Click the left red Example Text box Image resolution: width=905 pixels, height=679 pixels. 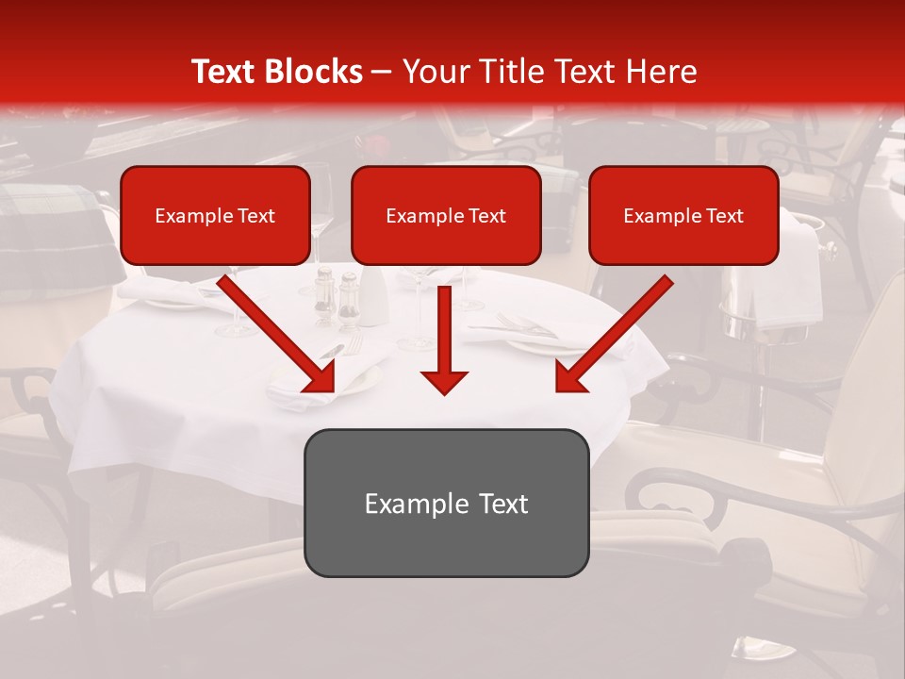click(x=215, y=216)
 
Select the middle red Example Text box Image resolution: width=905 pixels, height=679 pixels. click(x=446, y=216)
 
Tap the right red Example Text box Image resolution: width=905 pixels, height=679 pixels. click(x=683, y=216)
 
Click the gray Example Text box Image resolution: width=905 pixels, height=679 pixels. click(x=446, y=503)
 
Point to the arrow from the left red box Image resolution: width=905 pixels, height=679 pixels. click(x=273, y=330)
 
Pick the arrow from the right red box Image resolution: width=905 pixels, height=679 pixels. click(x=617, y=330)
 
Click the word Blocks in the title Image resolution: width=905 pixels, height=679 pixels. click(x=313, y=72)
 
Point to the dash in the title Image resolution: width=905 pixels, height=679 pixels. click(x=382, y=72)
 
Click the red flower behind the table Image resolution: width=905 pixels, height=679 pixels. click(x=374, y=146)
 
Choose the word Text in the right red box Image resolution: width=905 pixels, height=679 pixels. click(x=723, y=216)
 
